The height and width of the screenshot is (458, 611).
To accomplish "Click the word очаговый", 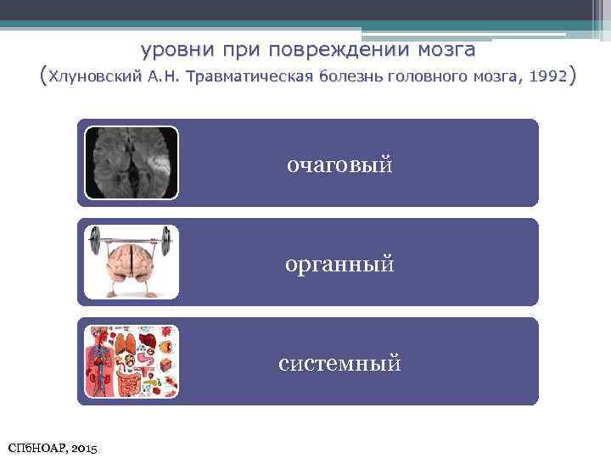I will point(339,164).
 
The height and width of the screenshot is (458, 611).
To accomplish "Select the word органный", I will point(339,265).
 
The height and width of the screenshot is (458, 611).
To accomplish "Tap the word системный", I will point(339,364).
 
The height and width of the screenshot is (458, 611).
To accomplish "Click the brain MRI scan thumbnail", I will point(132,162).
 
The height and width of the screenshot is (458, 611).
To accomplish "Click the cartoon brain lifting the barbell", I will point(132,266).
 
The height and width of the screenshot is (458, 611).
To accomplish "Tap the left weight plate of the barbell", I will point(96,245).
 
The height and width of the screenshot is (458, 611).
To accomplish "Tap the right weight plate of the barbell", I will point(168,243).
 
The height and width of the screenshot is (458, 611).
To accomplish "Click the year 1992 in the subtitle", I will point(547,77).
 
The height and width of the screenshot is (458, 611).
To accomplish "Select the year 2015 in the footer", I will point(84,446).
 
